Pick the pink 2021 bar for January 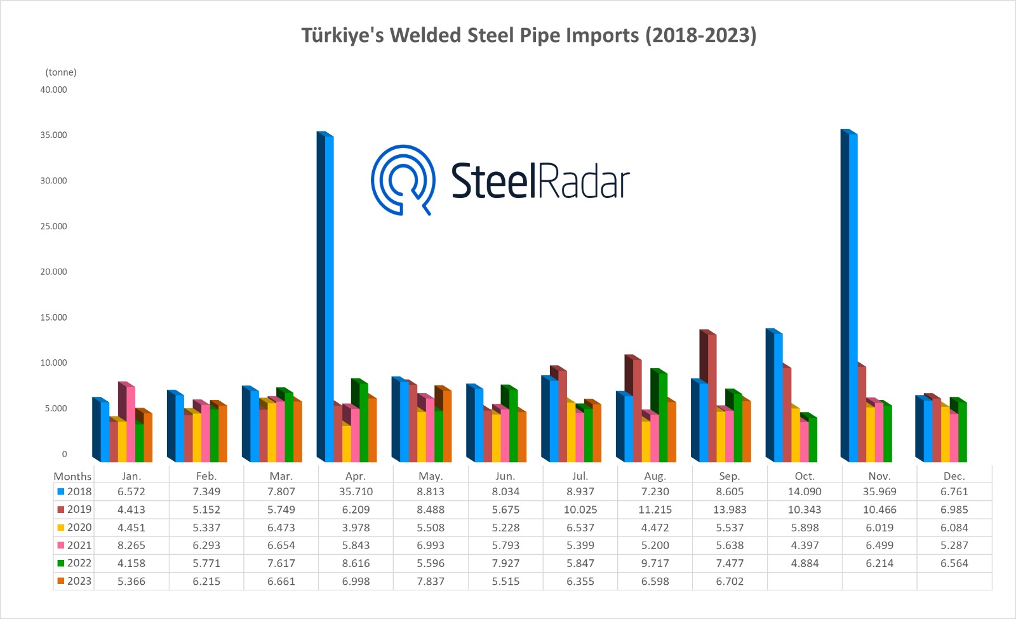pyautogui.click(x=130, y=422)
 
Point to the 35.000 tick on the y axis pyautogui.click(x=53, y=135)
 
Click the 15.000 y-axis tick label pyautogui.click(x=53, y=317)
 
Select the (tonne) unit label pyautogui.click(x=61, y=72)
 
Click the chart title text pyautogui.click(x=528, y=35)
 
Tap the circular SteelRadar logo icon pyautogui.click(x=403, y=180)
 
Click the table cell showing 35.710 pyautogui.click(x=356, y=492)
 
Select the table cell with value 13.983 pyautogui.click(x=730, y=510)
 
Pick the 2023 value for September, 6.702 pyautogui.click(x=730, y=582)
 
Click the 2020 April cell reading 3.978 pyautogui.click(x=356, y=528)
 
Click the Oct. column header pyautogui.click(x=805, y=476)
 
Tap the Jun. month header pyautogui.click(x=505, y=476)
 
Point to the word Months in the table pyautogui.click(x=72, y=476)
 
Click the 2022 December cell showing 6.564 pyautogui.click(x=954, y=564)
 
